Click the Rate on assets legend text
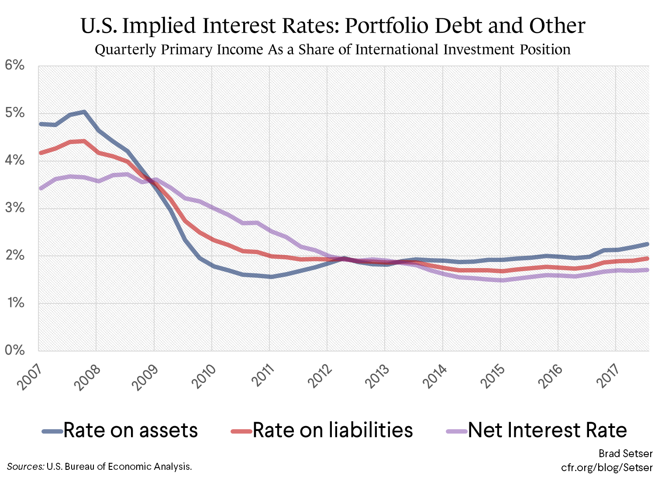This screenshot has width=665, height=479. tap(131, 431)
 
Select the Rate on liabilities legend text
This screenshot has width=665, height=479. tap(333, 431)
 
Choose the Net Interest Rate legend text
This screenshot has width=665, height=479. tap(548, 431)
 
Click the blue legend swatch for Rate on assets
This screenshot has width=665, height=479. tap(52, 431)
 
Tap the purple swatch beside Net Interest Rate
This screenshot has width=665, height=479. tap(457, 431)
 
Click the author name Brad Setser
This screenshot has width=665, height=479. tap(625, 454)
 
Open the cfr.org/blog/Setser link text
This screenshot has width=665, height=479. tap(606, 467)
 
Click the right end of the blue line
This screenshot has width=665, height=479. tap(648, 244)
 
